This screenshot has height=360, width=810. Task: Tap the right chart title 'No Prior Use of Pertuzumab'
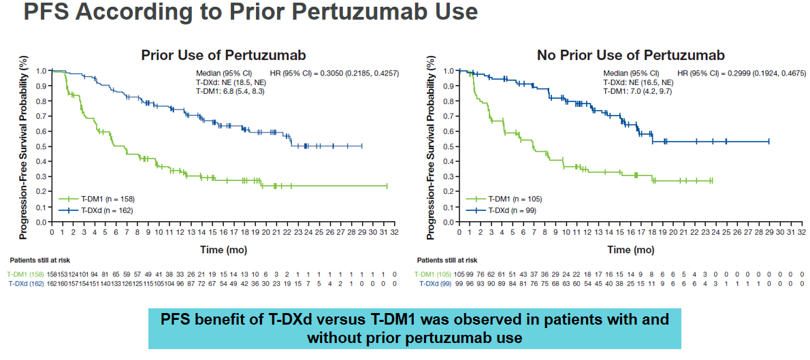point(630,55)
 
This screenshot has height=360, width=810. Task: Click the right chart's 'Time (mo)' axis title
point(629,250)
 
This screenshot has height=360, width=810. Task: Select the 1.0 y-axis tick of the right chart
point(449,70)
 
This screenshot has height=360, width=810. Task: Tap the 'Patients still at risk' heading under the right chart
point(447,260)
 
